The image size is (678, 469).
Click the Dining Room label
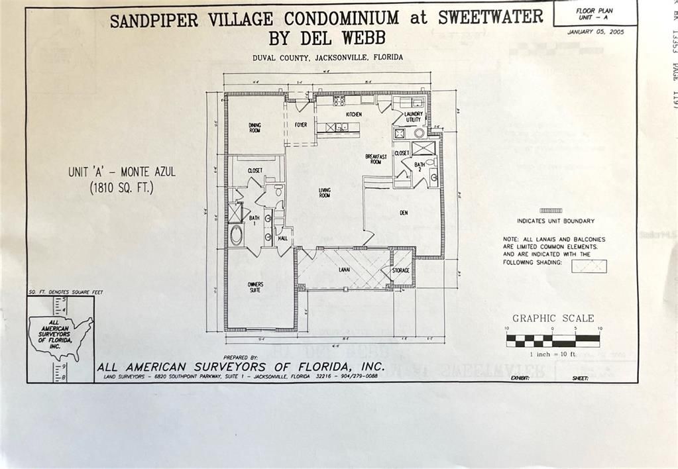point(254,127)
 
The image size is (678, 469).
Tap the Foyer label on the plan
point(301,125)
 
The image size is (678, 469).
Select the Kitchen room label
point(354,115)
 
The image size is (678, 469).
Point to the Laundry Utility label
point(414,117)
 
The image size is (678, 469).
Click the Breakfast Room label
point(375,159)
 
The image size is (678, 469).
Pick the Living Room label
point(325,193)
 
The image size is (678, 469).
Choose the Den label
point(404,213)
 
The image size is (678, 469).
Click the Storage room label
point(400,270)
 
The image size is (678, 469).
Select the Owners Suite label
point(255,287)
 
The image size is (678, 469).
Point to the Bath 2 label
point(420,166)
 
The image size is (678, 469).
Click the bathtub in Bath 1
point(235,235)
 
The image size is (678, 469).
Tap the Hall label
point(283,238)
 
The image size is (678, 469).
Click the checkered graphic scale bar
point(553,340)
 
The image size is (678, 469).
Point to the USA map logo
point(60,335)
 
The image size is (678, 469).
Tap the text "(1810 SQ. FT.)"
point(122,188)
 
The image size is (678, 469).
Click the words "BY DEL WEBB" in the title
point(327,37)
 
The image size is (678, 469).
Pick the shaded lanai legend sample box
point(589,266)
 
